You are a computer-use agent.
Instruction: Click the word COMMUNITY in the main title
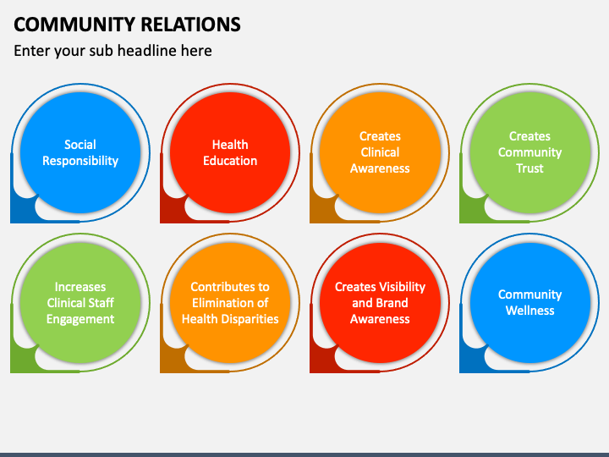click(x=75, y=25)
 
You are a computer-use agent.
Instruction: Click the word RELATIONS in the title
click(x=190, y=25)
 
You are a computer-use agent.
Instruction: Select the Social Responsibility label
click(x=80, y=152)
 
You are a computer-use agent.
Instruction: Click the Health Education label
click(x=230, y=152)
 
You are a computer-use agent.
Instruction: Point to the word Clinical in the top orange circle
click(x=380, y=152)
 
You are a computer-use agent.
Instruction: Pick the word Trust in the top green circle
click(x=529, y=168)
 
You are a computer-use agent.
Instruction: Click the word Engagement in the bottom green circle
click(x=80, y=319)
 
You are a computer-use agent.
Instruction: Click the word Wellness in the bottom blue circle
click(x=529, y=311)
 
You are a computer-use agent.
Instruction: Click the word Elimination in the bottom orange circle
click(x=222, y=303)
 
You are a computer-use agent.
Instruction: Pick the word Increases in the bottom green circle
click(x=80, y=287)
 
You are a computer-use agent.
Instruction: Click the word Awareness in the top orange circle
click(x=380, y=168)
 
